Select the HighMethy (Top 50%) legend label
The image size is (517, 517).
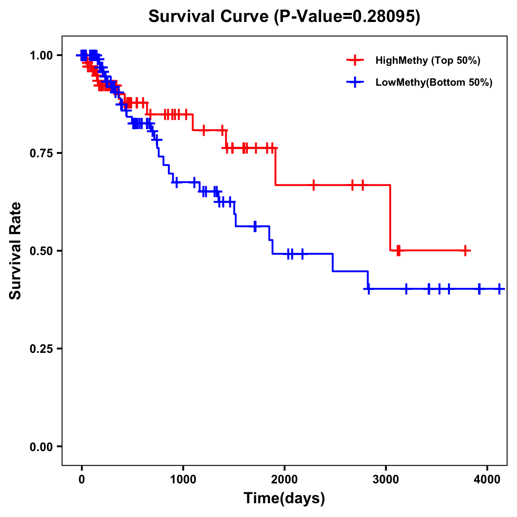427,60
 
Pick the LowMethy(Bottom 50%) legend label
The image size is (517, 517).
433,82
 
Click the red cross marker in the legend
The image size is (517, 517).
355,60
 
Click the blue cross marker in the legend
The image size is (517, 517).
355,82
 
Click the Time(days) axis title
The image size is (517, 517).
284,498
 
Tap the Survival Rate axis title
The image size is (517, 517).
16,250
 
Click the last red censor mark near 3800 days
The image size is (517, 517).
465,250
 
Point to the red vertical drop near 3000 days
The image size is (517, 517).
390,218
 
